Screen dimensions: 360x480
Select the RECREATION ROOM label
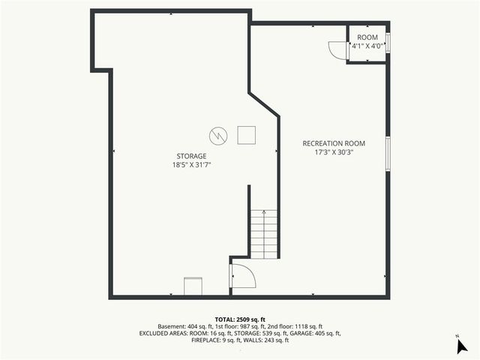point(333,143)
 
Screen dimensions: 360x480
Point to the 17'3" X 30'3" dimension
point(334,151)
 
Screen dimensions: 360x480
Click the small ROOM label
point(367,37)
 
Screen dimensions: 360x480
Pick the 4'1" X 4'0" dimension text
point(367,46)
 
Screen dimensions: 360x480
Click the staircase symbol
point(264,233)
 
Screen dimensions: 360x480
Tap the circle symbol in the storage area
point(217,135)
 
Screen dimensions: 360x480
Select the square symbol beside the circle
point(246,135)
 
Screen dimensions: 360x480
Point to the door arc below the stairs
point(243,275)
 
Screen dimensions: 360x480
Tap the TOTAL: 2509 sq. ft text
point(240,319)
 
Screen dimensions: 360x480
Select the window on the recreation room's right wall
point(388,153)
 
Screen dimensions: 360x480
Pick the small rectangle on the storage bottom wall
point(193,286)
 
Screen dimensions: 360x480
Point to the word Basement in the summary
point(170,326)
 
